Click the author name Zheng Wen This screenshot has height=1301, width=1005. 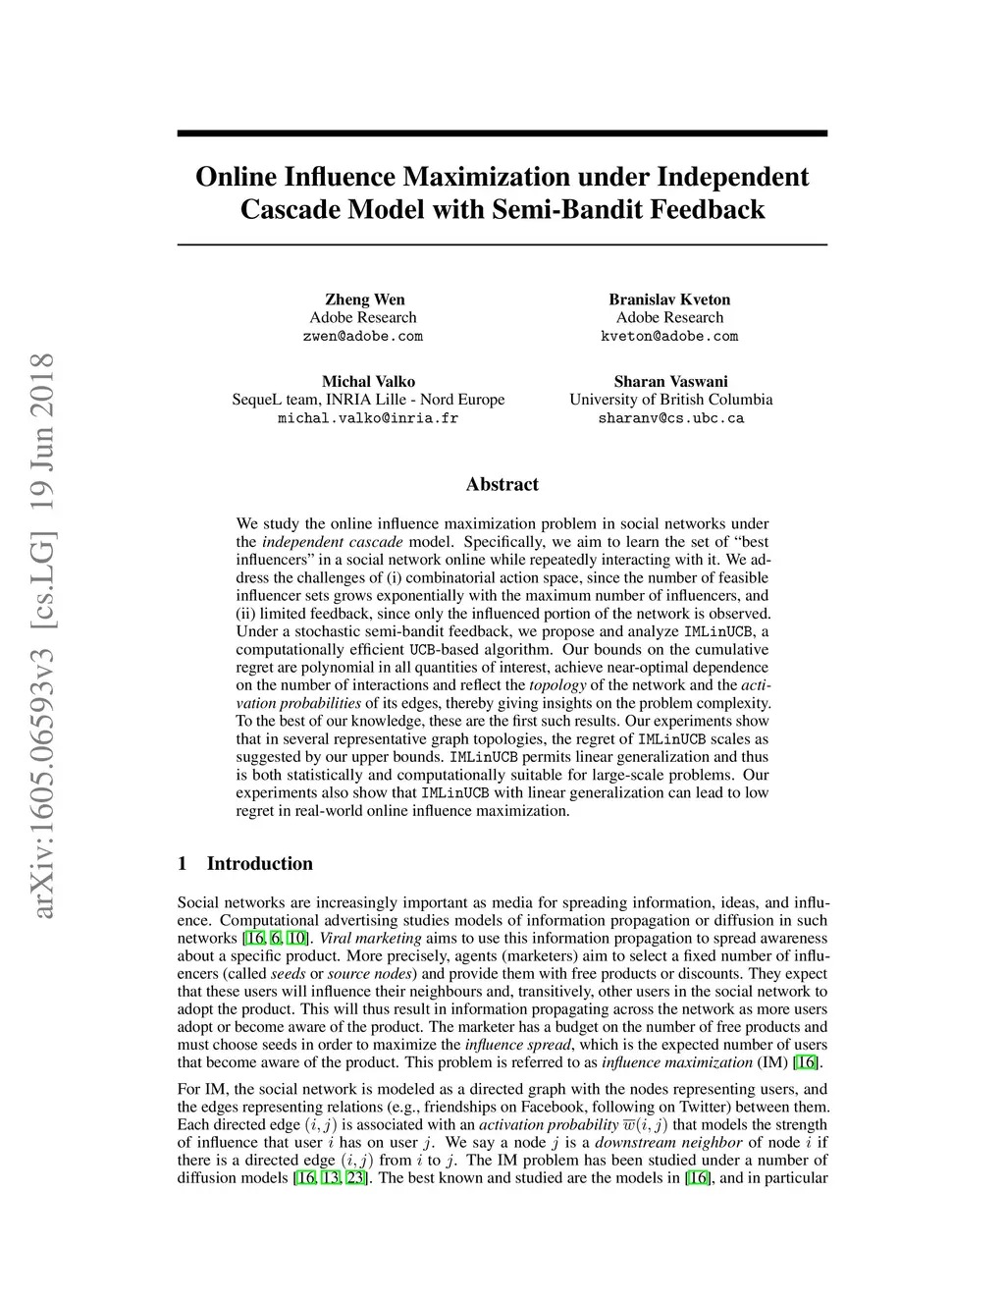[364, 299]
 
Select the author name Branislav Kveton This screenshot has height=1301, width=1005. [669, 299]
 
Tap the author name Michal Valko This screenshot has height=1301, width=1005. [368, 381]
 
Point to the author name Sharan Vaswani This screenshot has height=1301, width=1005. [670, 381]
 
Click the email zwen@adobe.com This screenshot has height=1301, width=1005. [363, 336]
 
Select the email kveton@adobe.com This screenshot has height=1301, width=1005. [669, 336]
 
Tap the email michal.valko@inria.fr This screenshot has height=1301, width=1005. [368, 417]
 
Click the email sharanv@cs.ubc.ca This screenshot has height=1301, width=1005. [670, 417]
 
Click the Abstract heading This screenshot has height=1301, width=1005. [502, 484]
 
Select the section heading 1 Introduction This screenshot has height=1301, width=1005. [245, 864]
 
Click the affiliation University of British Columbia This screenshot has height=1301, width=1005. [670, 400]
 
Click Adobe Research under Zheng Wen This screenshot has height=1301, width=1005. [363, 317]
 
